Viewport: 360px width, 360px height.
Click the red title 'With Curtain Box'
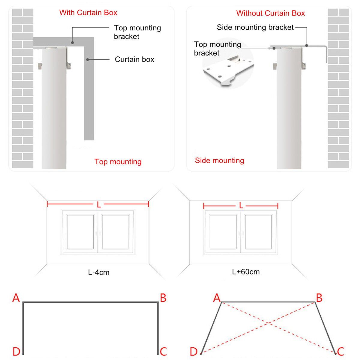point(88,13)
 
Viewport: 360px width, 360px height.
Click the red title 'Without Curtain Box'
point(270,13)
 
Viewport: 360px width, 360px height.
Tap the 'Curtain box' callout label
point(134,59)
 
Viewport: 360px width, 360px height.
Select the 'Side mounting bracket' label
point(255,27)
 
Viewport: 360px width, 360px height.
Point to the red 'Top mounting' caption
point(118,162)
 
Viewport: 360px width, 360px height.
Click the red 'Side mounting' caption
point(219,160)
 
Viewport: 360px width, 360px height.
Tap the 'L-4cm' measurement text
point(99,272)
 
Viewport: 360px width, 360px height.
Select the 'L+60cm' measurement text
point(246,272)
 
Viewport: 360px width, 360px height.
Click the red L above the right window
point(241,206)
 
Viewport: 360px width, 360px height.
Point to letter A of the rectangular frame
point(16,298)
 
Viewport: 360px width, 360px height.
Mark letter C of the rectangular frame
point(163,351)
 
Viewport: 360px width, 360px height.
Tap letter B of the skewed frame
point(319,298)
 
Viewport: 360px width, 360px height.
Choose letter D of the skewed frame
point(194,351)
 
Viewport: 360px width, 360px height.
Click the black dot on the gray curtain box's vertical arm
point(88,59)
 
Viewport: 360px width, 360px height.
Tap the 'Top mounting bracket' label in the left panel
point(137,32)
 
